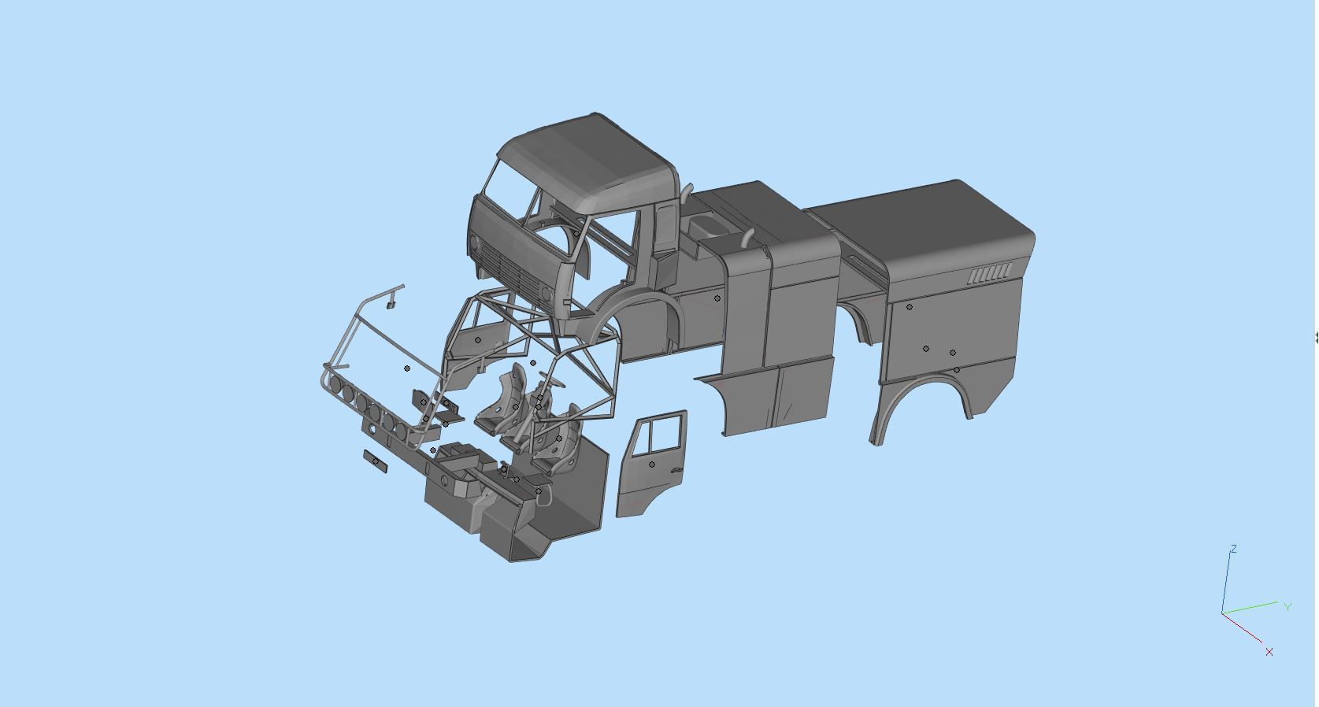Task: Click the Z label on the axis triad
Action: pyautogui.click(x=1233, y=549)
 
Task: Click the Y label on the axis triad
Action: pyautogui.click(x=1288, y=606)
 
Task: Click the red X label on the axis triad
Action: pyautogui.click(x=1269, y=652)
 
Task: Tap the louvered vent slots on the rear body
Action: pyautogui.click(x=991, y=274)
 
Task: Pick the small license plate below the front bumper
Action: pyautogui.click(x=375, y=461)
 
